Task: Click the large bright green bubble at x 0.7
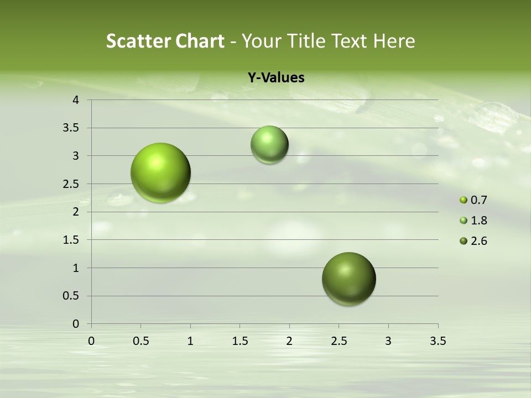(x=160, y=172)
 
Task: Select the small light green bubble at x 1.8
(x=269, y=145)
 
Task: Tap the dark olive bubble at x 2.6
(x=348, y=279)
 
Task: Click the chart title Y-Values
(x=275, y=78)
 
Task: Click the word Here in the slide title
(x=394, y=41)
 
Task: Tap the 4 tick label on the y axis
(x=76, y=100)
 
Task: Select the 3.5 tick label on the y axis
(x=72, y=128)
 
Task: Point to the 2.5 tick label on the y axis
(x=72, y=184)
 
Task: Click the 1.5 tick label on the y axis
(x=72, y=240)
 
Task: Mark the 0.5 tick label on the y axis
(x=72, y=296)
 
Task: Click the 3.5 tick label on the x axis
(x=438, y=341)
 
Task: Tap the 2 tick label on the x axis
(x=289, y=341)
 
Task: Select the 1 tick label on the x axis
(x=190, y=341)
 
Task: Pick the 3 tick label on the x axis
(x=388, y=341)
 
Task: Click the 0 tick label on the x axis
(x=91, y=341)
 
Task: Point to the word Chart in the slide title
(x=200, y=41)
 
